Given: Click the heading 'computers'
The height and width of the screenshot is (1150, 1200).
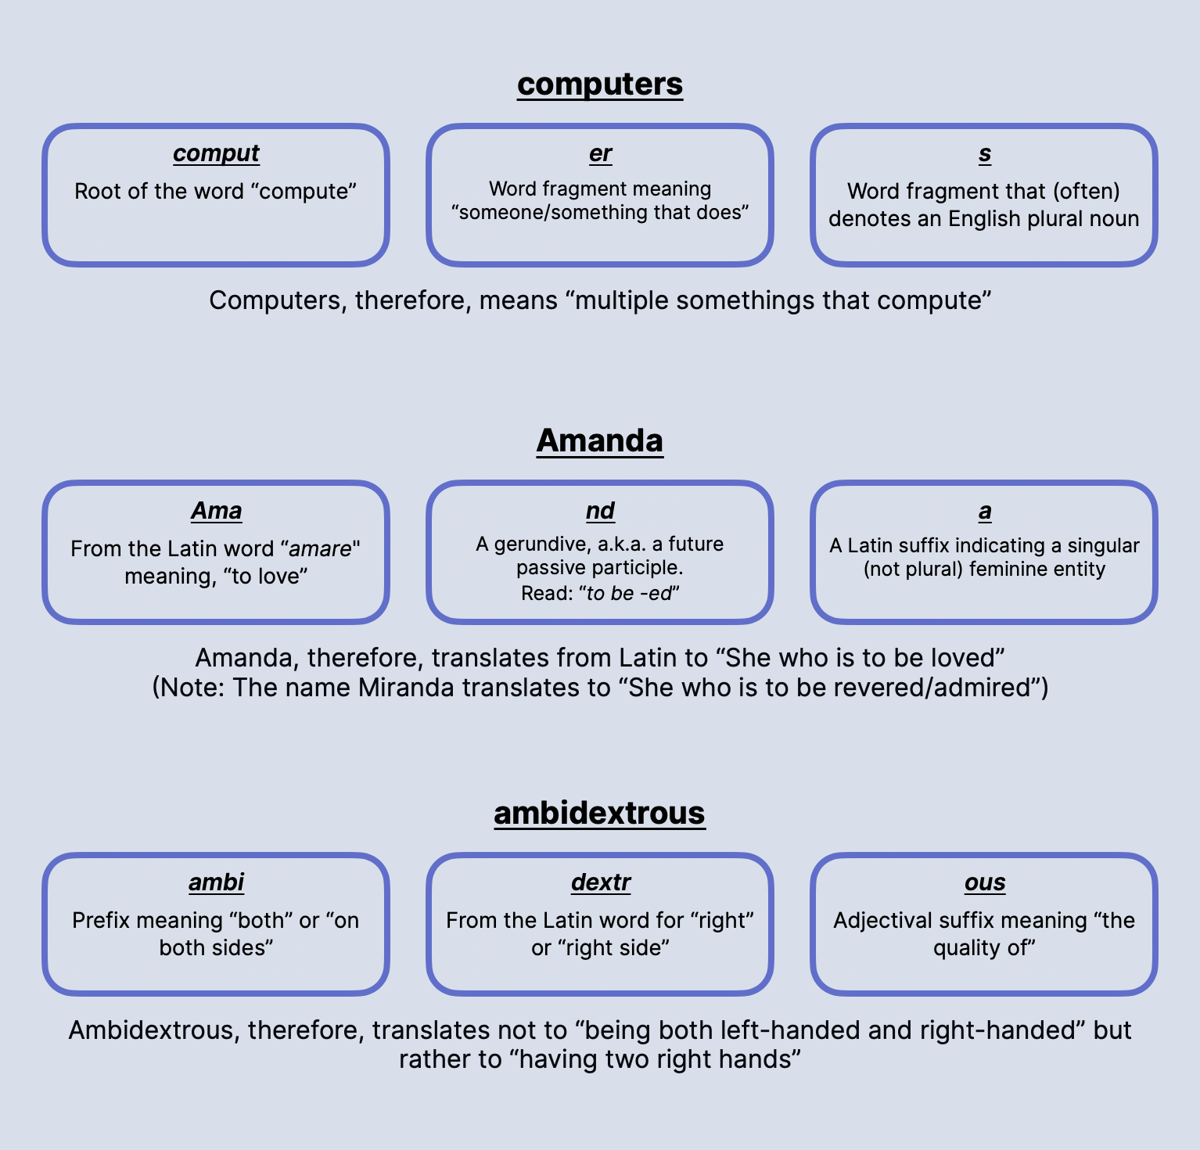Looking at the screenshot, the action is point(600,84).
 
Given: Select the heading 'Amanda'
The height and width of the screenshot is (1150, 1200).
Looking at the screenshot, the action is point(600,440).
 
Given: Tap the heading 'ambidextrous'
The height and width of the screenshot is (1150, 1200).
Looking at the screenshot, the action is point(600,813).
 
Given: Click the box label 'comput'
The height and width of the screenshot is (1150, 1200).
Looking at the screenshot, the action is point(216,154).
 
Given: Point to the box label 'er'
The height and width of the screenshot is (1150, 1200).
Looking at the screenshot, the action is point(600,153).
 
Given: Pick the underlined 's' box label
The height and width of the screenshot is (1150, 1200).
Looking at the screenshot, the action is point(985,154).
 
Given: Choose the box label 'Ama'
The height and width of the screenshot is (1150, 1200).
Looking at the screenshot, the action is point(217,511).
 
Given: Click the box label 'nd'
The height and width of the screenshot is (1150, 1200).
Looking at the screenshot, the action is point(600,511).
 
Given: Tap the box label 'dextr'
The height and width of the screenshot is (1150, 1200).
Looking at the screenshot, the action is point(601,882).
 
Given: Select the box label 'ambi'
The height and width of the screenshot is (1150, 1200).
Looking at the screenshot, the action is point(217,882).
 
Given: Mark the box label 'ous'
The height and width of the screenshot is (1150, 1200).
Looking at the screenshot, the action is point(985,883).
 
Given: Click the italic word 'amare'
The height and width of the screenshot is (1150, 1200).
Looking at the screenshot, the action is point(321,549).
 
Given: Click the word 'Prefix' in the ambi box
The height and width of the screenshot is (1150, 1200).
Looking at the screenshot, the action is point(96,921).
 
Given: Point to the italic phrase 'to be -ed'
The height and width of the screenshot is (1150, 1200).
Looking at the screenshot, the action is point(630,594).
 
